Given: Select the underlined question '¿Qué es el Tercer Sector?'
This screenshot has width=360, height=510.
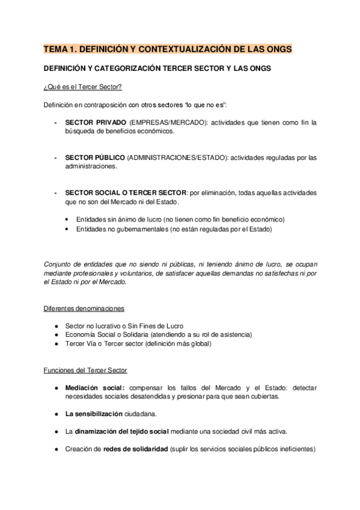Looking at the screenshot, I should point(82,88).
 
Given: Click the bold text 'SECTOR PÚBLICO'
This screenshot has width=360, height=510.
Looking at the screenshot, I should point(94,158).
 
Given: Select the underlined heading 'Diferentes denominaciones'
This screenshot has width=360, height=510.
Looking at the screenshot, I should point(84,309).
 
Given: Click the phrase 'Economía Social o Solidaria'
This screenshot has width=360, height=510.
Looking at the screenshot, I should point(106,334).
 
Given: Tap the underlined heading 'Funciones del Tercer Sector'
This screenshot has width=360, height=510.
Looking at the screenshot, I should point(85,369).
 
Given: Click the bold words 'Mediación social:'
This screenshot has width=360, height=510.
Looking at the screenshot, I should point(95,387).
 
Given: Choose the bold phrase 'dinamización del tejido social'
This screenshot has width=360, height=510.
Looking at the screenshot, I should point(122,431).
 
